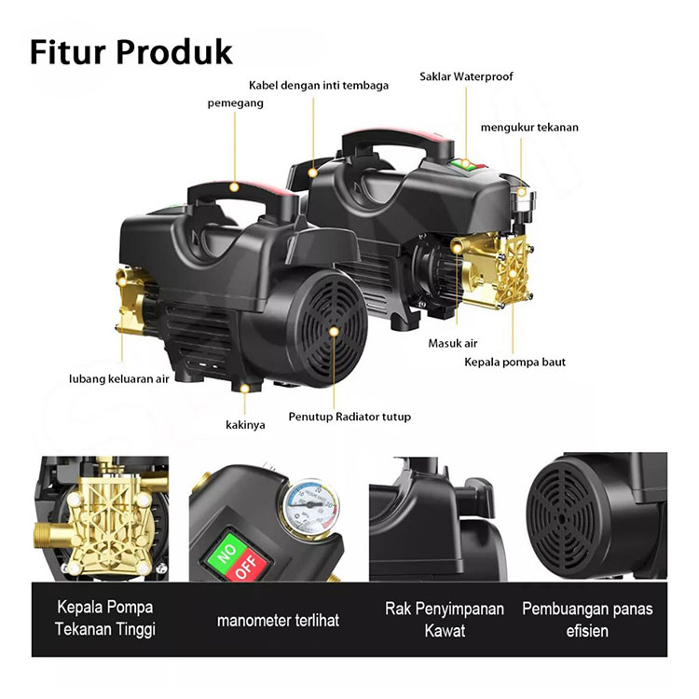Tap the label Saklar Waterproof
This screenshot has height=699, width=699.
tap(466, 76)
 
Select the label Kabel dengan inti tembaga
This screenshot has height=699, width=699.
tap(319, 85)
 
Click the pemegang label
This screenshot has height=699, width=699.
tap(235, 103)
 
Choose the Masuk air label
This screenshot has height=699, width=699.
tap(453, 344)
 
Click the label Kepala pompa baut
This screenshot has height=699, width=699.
tap(515, 362)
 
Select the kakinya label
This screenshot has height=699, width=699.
tap(245, 424)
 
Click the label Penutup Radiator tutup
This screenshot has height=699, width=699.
tap(349, 417)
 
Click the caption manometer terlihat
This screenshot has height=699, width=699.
tap(279, 620)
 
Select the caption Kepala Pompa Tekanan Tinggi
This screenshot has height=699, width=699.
tap(105, 620)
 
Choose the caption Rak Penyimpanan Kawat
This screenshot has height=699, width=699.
tap(445, 620)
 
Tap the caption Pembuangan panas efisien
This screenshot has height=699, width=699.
tap(587, 620)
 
